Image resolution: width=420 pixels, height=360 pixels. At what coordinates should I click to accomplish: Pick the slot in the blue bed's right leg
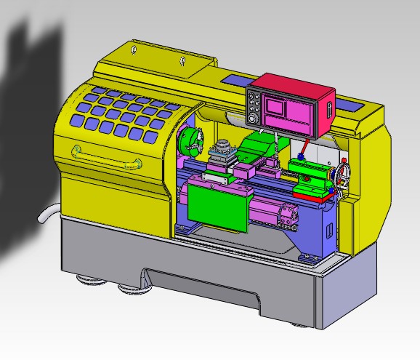[x=329, y=232]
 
